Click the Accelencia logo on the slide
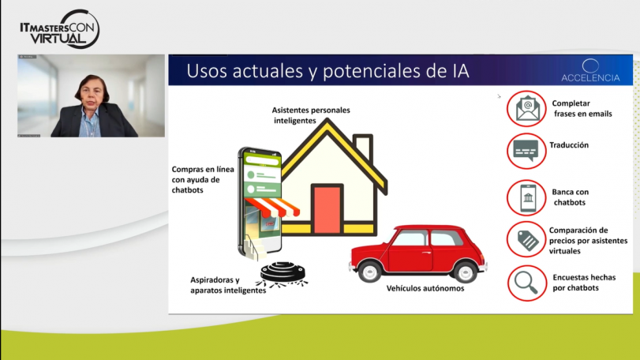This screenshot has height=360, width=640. coord(590,70)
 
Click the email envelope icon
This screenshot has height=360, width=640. coord(526,108)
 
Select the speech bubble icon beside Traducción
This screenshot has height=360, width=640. coord(526,150)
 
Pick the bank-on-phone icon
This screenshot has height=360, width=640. coord(526,197)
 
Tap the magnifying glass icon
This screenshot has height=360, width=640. coord(526,283)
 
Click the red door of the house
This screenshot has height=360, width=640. coord(327,210)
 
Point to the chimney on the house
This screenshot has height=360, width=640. coord(362,148)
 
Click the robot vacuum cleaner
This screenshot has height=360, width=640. coord(283,272)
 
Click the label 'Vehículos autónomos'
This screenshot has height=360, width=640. coord(425,289)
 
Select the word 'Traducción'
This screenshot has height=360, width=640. coord(570,145)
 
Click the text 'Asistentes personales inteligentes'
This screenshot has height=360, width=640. coord(310,115)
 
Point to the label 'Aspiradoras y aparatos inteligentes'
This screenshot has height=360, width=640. coord(228,285)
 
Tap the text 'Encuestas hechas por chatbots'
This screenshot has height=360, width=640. coord(583,283)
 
